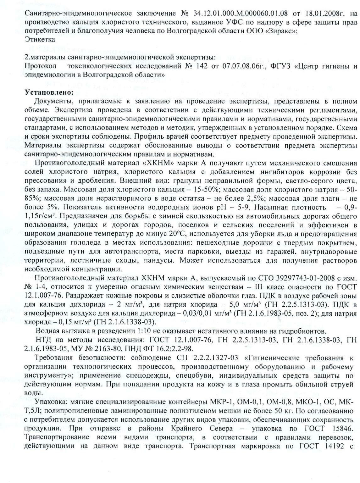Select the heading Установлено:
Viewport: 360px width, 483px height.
49,93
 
